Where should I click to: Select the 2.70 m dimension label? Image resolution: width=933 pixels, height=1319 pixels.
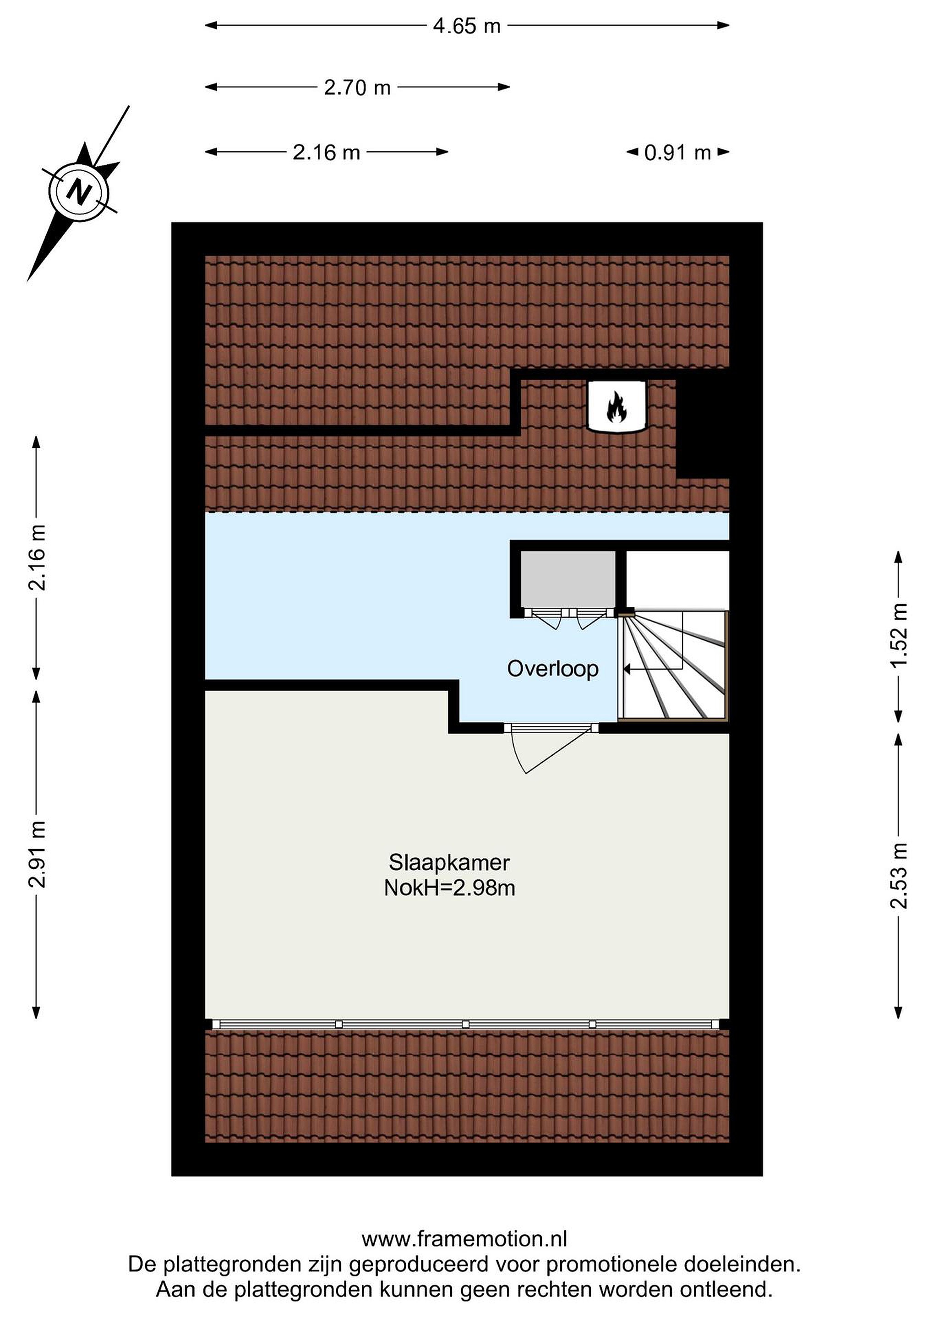[357, 88]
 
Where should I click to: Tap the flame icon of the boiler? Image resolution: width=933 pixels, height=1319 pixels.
[617, 407]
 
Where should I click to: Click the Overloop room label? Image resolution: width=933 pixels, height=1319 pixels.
[553, 669]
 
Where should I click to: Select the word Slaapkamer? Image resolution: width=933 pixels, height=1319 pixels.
[449, 862]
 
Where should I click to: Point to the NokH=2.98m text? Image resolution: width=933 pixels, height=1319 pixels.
[449, 888]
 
